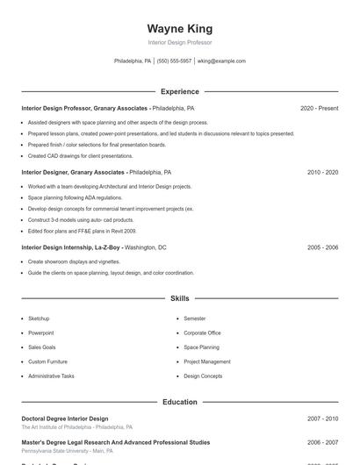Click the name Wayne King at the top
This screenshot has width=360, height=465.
click(179, 29)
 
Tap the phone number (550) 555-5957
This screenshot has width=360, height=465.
click(174, 61)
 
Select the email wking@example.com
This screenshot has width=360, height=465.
click(221, 61)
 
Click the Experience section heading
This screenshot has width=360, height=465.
click(179, 91)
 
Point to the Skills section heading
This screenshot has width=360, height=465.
click(179, 299)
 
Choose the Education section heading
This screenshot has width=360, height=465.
click(179, 402)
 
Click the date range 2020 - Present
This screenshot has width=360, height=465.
click(319, 108)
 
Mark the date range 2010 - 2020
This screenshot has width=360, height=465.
click(322, 173)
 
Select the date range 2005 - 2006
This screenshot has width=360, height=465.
click(322, 247)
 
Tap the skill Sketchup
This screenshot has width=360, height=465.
click(39, 318)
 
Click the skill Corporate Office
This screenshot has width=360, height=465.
click(202, 333)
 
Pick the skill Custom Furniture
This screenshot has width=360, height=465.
click(47, 361)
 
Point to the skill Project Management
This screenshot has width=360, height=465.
click(207, 361)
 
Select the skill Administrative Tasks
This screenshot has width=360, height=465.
click(51, 376)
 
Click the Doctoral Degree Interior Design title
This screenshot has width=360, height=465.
click(65, 418)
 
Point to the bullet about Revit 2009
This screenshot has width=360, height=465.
click(82, 231)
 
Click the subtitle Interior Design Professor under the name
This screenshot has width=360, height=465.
click(179, 42)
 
